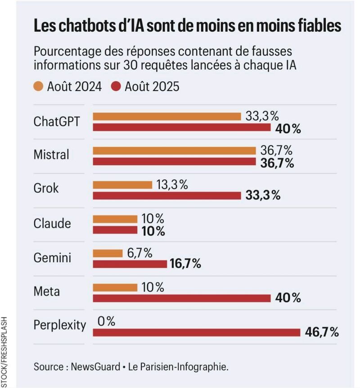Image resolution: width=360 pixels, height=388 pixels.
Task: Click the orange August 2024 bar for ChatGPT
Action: tap(166, 117)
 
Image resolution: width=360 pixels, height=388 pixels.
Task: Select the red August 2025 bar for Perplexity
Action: tap(196, 333)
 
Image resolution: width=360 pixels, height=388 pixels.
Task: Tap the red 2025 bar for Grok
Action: tap(166, 196)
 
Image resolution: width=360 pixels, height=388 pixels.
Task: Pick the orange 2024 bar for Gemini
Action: tap(108, 253)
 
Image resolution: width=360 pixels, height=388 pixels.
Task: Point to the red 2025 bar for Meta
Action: tap(181, 298)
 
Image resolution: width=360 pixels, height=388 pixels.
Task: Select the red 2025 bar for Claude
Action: tap(115, 230)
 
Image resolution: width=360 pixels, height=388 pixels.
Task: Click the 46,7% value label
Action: tap(322, 333)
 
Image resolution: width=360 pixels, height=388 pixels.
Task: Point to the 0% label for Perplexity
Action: tap(106, 321)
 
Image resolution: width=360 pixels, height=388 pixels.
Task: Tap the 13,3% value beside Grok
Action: tap(172, 185)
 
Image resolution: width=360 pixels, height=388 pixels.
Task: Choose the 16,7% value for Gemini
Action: tap(185, 264)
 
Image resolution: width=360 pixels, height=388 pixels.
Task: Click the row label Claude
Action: tap(52, 223)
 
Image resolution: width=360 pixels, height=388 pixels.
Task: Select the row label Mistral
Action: tap(51, 155)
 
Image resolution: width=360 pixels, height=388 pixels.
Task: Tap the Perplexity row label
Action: tap(59, 325)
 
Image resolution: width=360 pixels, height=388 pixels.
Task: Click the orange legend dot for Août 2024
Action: tap(39, 86)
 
